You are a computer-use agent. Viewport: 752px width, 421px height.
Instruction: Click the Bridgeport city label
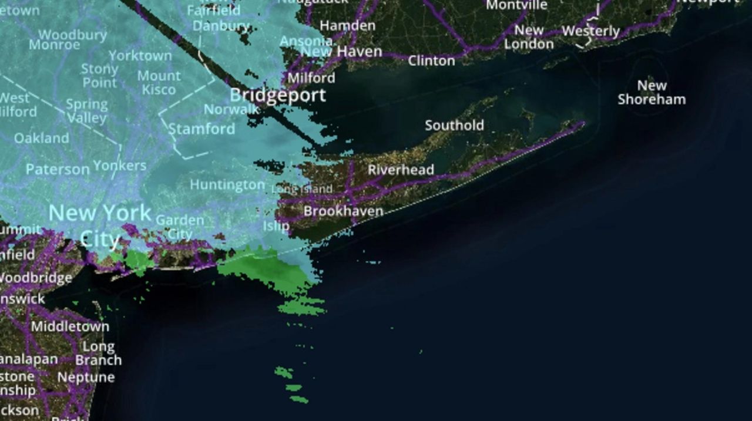pos(277,95)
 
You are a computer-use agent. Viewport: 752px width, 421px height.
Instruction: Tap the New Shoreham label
pos(652,92)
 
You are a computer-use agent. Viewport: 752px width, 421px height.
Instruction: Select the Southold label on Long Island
pos(454,125)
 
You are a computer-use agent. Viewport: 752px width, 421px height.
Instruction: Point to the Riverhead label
pos(401,170)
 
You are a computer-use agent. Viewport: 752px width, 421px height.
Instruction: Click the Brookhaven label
pos(343,211)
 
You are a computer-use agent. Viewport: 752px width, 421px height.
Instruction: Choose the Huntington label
pos(227,185)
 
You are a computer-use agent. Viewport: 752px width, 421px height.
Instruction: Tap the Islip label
pos(276,225)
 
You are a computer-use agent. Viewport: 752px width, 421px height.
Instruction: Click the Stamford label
pos(202,129)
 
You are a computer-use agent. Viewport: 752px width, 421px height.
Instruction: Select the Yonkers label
pos(119,166)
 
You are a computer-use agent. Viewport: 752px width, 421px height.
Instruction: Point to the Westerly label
pos(590,31)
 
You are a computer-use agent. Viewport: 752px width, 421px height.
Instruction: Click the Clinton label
pos(431,60)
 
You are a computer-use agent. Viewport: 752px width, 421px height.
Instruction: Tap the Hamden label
pos(347,26)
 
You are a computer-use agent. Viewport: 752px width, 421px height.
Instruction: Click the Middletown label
pos(70,326)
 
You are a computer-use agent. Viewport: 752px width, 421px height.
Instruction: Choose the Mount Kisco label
pos(159,83)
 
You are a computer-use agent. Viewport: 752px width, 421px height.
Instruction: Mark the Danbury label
pos(221,26)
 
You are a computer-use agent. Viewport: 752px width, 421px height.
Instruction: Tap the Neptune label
pos(86,377)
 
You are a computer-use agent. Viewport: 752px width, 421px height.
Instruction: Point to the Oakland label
pos(41,139)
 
